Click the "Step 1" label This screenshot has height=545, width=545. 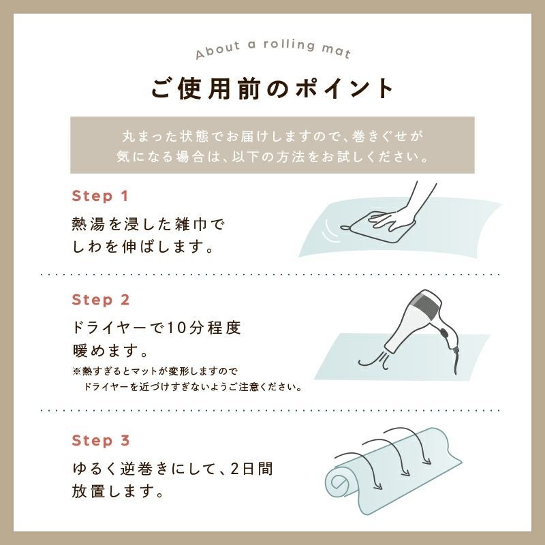(100, 196)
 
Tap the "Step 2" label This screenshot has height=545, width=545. (101, 300)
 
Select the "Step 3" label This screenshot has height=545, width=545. (101, 440)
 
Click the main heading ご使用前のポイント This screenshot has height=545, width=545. (272, 89)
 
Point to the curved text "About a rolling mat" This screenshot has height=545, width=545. (272, 47)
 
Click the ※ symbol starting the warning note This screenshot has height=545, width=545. (76, 371)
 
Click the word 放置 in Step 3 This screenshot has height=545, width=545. (89, 491)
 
